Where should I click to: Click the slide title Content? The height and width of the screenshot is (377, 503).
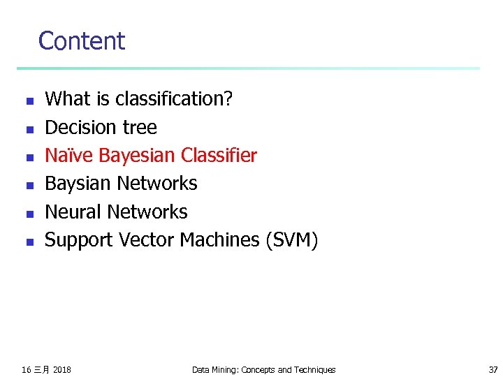coord(82,41)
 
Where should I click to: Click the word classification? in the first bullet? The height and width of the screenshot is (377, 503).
coord(174,99)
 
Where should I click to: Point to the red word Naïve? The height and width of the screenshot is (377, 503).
coord(69,155)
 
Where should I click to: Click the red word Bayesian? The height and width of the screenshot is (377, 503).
coord(137,155)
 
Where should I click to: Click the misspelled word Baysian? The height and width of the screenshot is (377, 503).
coord(78,184)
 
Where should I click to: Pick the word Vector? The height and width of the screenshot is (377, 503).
coord(150,240)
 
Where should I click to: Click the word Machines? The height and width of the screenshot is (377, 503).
coord(219,240)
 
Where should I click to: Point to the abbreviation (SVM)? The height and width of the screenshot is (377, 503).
coord(291,240)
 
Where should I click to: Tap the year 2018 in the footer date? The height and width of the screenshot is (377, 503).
coord(61,369)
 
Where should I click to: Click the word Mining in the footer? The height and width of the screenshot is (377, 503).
coord(226,369)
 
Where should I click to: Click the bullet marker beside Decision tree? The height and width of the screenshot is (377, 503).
coord(29,129)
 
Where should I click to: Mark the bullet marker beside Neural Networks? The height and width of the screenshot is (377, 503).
coord(29,214)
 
